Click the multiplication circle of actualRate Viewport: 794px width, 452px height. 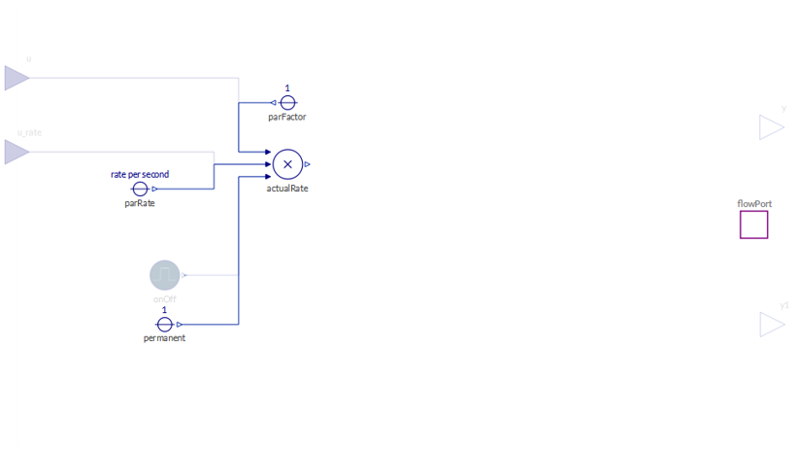pyautogui.click(x=287, y=164)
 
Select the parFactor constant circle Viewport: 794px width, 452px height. pyautogui.click(x=287, y=102)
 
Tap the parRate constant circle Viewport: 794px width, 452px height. pyautogui.click(x=140, y=189)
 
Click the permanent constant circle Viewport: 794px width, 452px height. pyautogui.click(x=164, y=324)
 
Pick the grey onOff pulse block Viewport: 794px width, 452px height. pyautogui.click(x=165, y=275)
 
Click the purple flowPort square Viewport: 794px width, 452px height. pyautogui.click(x=753, y=225)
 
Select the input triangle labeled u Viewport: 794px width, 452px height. pyautogui.click(x=17, y=78)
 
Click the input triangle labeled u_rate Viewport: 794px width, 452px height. pyautogui.click(x=17, y=152)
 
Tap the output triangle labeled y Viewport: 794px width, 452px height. pyautogui.click(x=771, y=127)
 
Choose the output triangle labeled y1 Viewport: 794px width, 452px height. pyautogui.click(x=771, y=324)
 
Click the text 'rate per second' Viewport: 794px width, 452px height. pyautogui.click(x=140, y=174)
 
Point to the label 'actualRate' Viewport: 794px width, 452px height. pyautogui.click(x=287, y=188)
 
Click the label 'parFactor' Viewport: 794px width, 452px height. pyautogui.click(x=287, y=117)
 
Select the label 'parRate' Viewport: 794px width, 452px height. pyautogui.click(x=140, y=203)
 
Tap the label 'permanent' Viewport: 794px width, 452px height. pyautogui.click(x=164, y=338)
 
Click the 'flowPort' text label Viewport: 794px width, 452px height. pyautogui.click(x=754, y=204)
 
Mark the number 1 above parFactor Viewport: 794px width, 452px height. pyautogui.click(x=287, y=88)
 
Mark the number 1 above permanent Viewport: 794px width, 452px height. pyautogui.click(x=164, y=310)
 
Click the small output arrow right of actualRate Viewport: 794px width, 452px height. pyautogui.click(x=308, y=164)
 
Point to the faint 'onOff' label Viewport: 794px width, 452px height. pyautogui.click(x=165, y=298)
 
